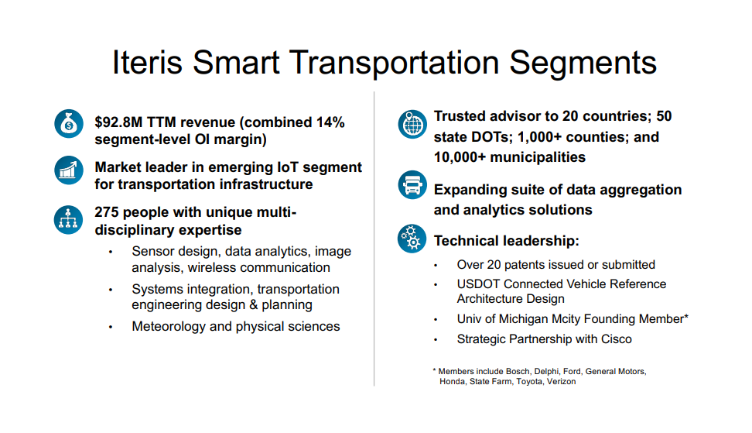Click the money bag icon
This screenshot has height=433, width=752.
coord(69,124)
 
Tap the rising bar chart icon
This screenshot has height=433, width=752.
coord(69,170)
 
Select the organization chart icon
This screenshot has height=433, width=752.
coord(68,220)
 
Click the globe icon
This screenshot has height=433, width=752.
coord(412,124)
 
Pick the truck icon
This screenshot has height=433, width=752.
coord(412,185)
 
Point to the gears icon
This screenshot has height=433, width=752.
coord(412,239)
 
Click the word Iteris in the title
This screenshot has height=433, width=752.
coord(147,63)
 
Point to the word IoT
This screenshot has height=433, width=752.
coord(288,167)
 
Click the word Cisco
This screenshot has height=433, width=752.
coord(617,339)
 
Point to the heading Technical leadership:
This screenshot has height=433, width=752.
coord(507,240)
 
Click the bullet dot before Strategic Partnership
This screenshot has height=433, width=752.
coord(436,340)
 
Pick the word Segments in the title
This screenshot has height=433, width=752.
coord(583,63)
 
